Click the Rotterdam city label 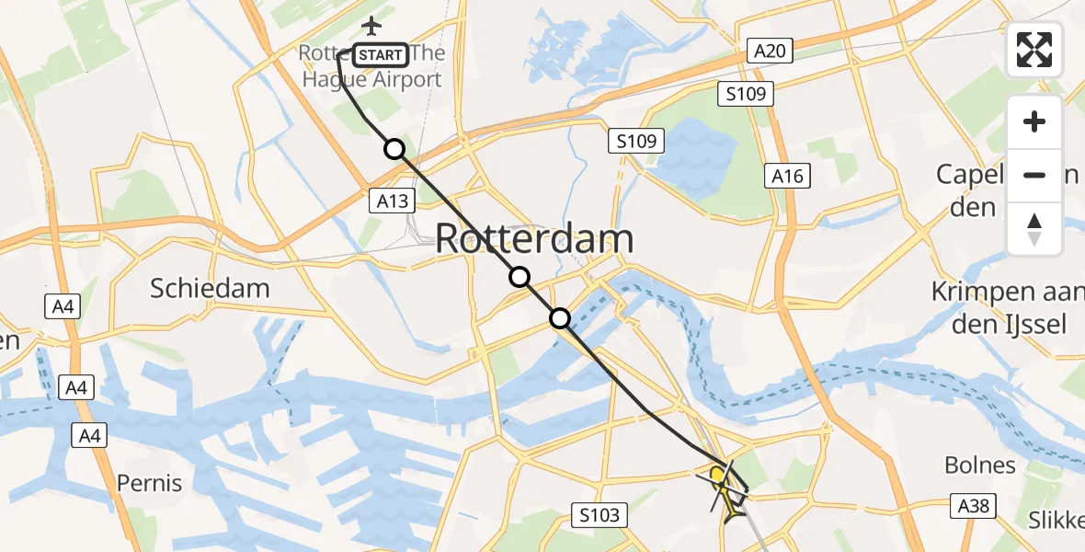(x=534, y=239)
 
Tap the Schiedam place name (x=211, y=288)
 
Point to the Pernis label (x=149, y=483)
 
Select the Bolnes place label (x=980, y=465)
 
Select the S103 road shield (x=601, y=515)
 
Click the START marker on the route (x=380, y=55)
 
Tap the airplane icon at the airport (x=371, y=25)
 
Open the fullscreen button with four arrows (x=1034, y=49)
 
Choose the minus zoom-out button (x=1034, y=174)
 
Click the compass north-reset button (x=1034, y=227)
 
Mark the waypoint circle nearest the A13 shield (x=394, y=149)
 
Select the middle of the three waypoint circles (x=520, y=277)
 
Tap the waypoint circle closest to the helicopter (x=560, y=319)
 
